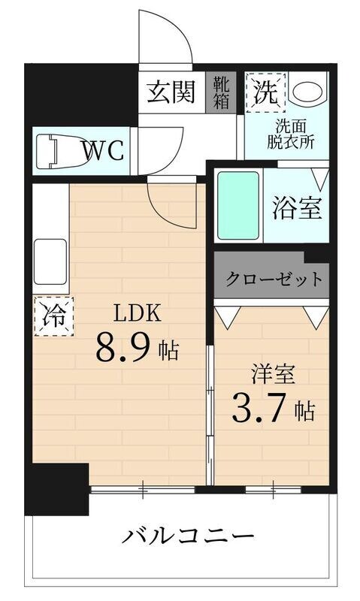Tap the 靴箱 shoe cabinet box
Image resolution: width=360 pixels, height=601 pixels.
click(x=221, y=92)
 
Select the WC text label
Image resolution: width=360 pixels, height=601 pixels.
click(x=103, y=150)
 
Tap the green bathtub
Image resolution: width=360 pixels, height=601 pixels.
click(x=238, y=204)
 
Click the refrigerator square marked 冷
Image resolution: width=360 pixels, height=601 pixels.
click(x=52, y=316)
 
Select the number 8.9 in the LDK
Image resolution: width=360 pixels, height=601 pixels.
click(x=124, y=348)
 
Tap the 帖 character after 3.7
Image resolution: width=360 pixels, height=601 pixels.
click(x=304, y=411)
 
